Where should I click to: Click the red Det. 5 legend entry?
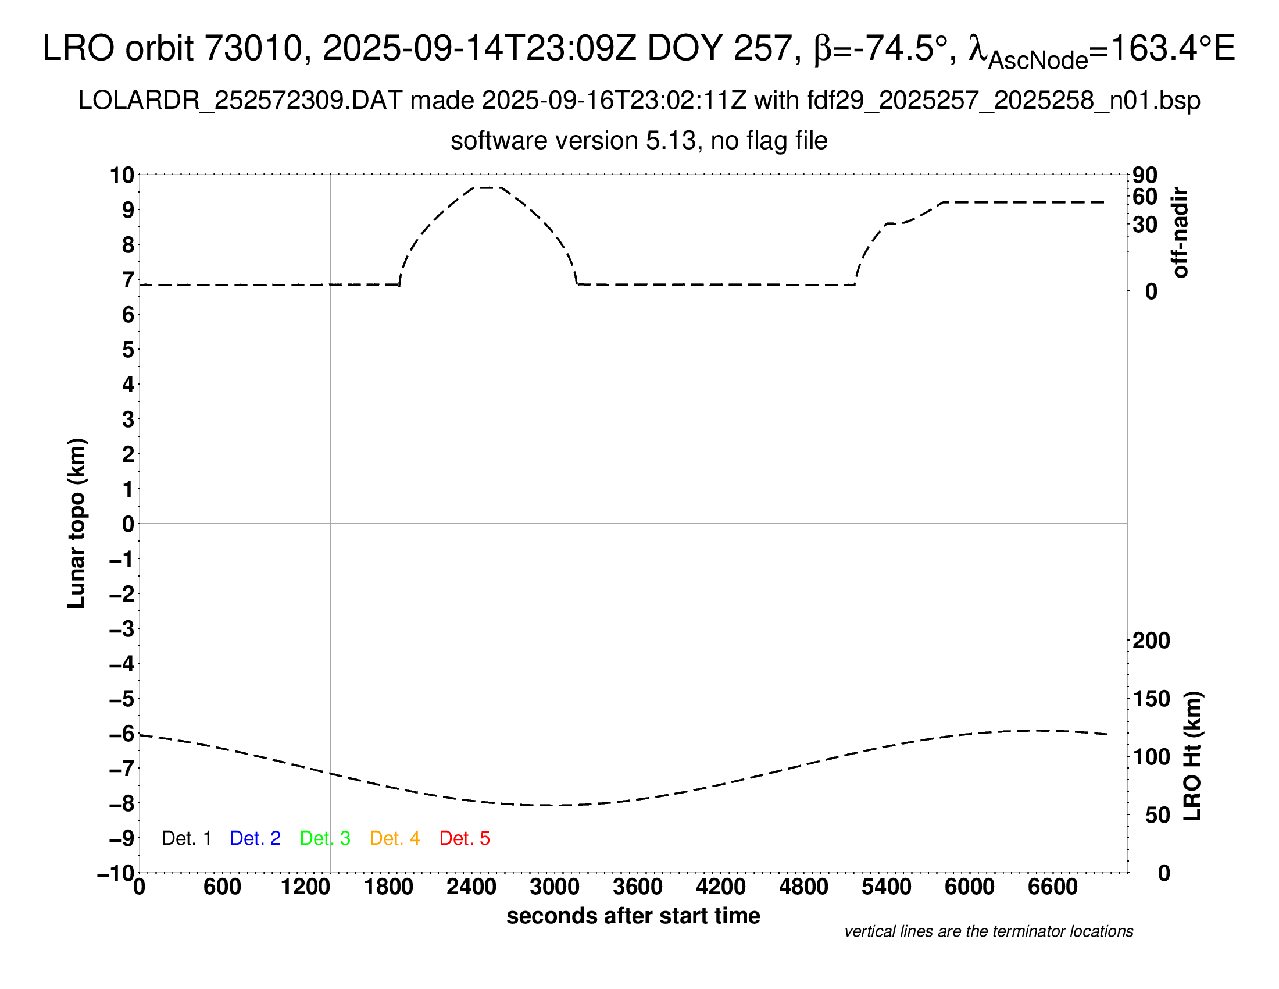[x=465, y=838]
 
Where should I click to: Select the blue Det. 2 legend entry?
[x=255, y=838]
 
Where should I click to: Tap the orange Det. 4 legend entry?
[x=395, y=838]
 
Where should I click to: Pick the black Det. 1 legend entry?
[x=186, y=838]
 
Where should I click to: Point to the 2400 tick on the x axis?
[x=471, y=887]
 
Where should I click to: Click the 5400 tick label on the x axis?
[x=887, y=887]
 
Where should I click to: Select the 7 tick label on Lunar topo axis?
[x=128, y=280]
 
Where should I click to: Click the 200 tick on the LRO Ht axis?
[x=1151, y=641]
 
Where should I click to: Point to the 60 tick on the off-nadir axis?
[x=1145, y=197]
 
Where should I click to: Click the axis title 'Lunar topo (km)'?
[x=77, y=523]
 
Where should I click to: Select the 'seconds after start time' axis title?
[x=633, y=916]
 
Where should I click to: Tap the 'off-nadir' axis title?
[x=1181, y=233]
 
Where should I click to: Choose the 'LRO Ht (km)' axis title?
[x=1192, y=756]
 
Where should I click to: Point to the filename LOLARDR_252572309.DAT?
[x=240, y=101]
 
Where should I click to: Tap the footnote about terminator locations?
[x=988, y=931]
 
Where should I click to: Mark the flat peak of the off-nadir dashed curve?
[x=487, y=187]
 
